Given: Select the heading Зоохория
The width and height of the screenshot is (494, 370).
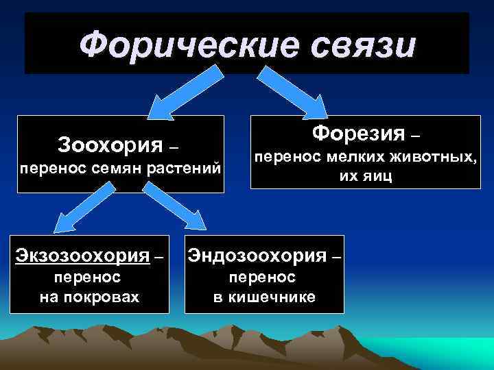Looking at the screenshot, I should (x=111, y=145).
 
